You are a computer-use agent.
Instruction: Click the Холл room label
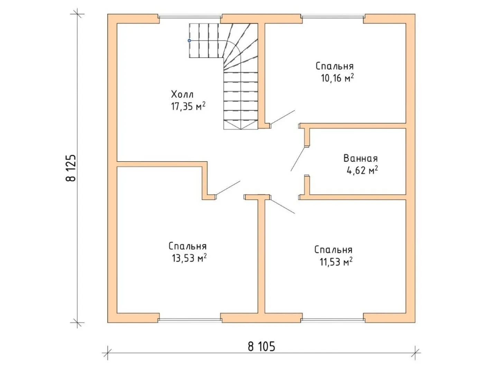click(182, 94)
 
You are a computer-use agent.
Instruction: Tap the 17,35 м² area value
click(188, 106)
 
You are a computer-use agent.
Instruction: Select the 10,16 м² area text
click(337, 78)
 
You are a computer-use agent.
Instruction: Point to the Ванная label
click(360, 158)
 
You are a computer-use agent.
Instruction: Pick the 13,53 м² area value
click(189, 258)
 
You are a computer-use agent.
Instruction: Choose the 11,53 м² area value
click(336, 261)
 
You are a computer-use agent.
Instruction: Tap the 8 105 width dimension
click(261, 347)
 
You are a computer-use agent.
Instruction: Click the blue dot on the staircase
click(189, 41)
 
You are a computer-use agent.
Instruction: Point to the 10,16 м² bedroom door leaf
click(283, 117)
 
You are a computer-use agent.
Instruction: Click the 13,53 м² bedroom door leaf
click(228, 188)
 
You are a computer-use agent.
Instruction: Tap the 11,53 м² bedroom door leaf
click(283, 206)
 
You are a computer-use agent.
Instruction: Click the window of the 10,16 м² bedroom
click(333, 16)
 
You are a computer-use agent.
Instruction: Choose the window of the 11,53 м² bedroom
click(333, 320)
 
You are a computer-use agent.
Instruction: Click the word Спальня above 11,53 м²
click(333, 250)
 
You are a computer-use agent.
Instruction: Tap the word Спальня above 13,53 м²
click(188, 246)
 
